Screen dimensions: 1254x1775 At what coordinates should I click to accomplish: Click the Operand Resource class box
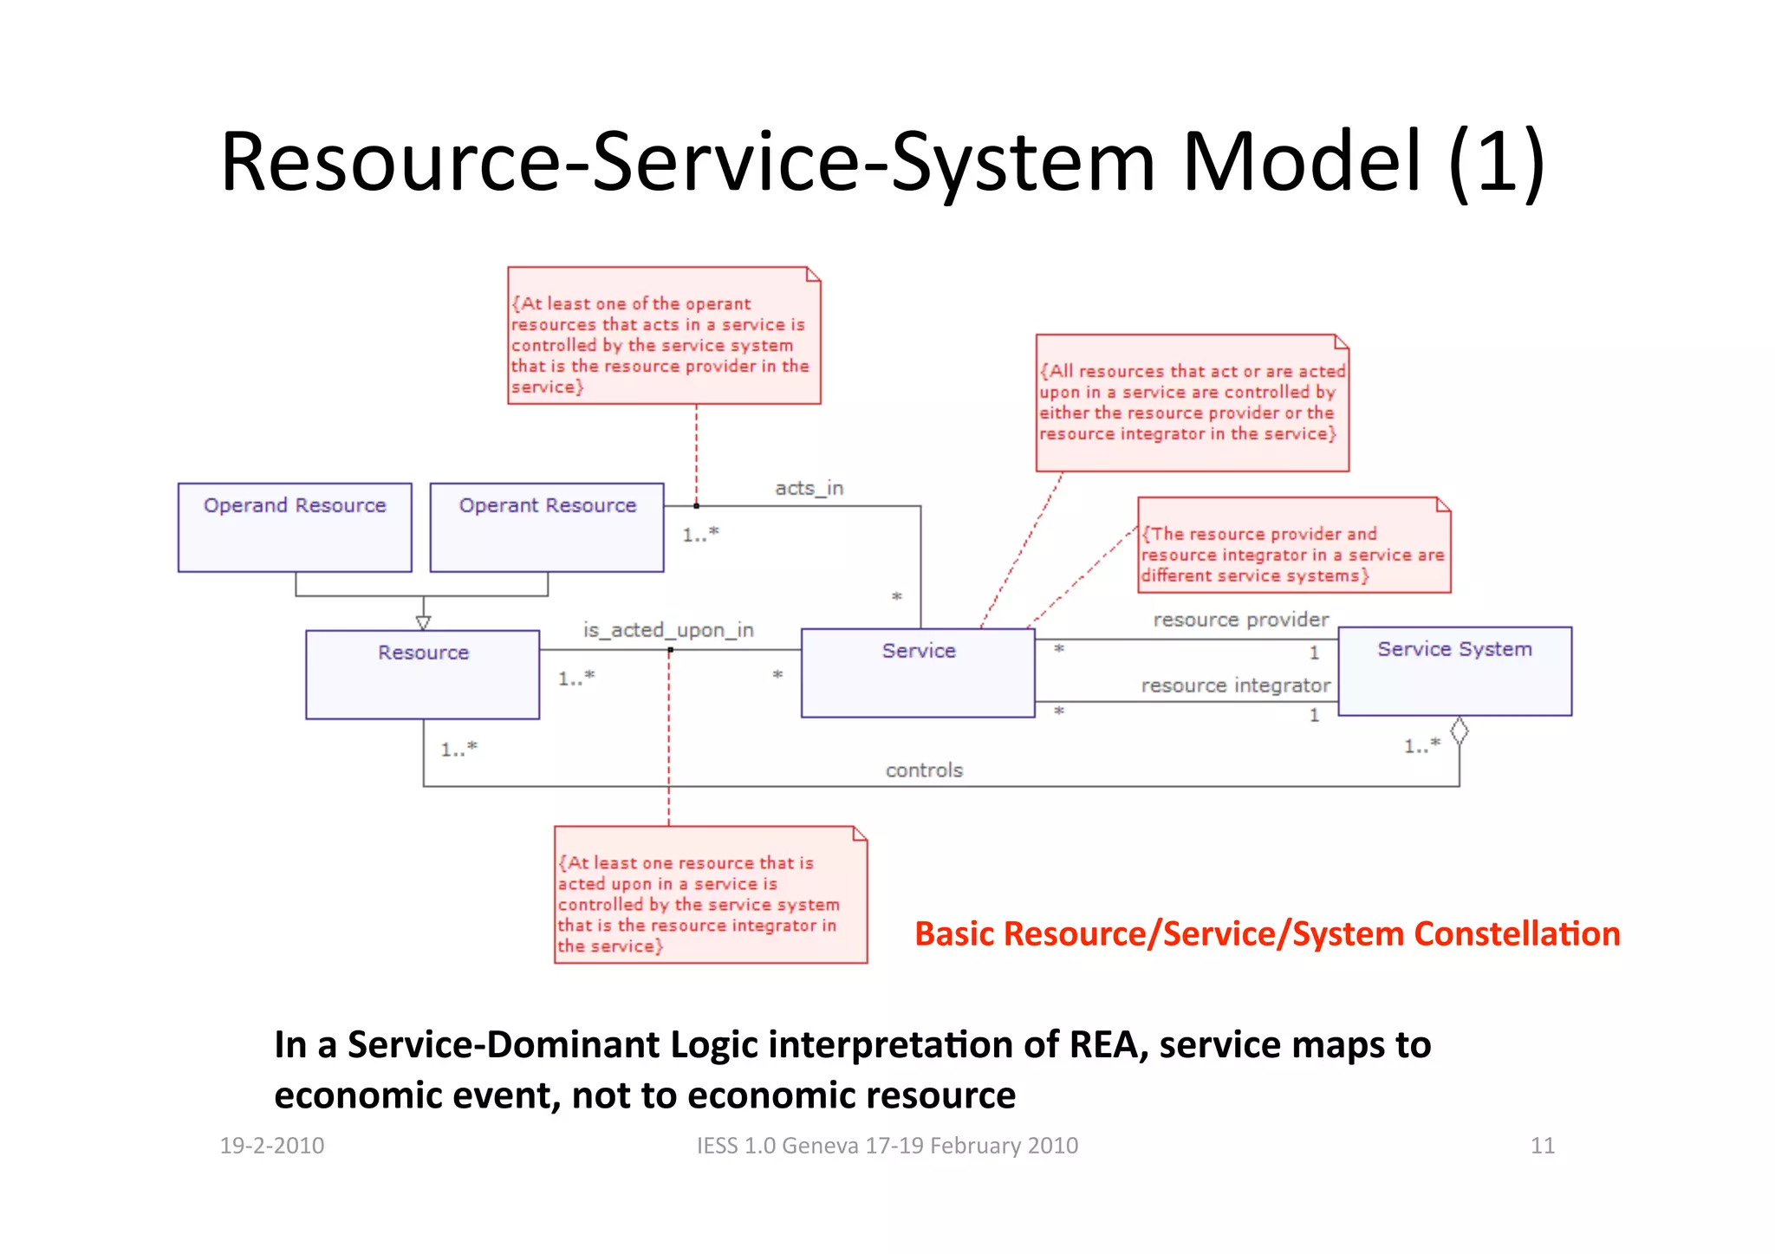295,527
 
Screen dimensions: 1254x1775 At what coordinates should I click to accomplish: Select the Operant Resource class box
547,527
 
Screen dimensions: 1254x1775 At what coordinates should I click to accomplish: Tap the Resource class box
423,674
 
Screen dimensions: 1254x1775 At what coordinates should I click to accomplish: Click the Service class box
918,672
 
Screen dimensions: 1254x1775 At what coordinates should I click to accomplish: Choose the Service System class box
1454,671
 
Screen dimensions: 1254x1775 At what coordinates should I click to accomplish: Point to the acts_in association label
809,488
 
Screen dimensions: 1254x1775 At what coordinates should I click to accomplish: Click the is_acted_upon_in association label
668,630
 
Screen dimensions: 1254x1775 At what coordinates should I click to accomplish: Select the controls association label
924,770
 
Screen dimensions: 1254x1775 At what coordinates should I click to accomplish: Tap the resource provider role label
1240,620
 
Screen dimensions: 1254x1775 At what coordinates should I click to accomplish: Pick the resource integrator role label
1235,685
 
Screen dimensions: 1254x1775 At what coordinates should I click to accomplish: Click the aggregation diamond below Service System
1460,731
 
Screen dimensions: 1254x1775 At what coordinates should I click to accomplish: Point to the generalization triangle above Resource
423,622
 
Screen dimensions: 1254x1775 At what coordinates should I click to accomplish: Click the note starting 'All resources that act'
1192,403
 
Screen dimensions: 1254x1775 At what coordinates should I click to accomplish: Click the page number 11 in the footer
1542,1146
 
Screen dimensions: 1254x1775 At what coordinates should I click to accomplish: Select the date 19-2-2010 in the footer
272,1146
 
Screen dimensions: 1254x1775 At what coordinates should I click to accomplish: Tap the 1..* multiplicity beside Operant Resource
700,535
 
